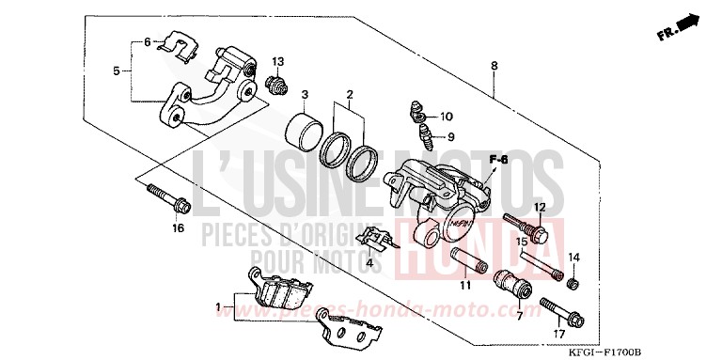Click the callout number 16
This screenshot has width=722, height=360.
178,227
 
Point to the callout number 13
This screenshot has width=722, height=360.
277,62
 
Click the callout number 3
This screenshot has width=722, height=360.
305,95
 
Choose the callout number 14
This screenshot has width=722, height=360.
573,257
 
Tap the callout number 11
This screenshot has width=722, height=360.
464,285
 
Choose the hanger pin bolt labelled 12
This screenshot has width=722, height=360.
526,226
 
